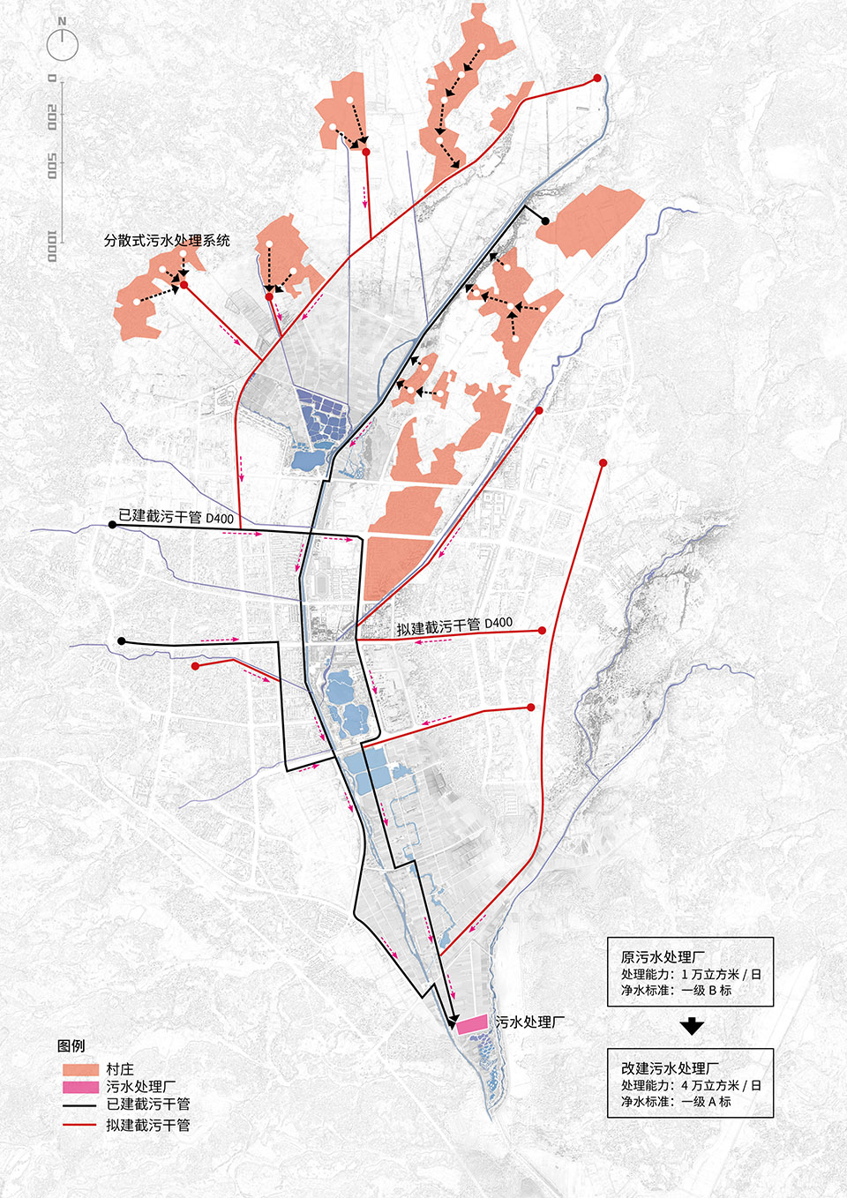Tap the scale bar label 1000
[51, 245]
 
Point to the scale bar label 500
[51, 165]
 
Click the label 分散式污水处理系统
[167, 240]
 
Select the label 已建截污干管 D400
[176, 517]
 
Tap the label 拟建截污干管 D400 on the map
[453, 625]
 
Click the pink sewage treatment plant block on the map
[472, 1023]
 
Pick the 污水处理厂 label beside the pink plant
[529, 1022]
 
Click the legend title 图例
[71, 1045]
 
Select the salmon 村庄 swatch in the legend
[79, 1069]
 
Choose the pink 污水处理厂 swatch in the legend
[79, 1087]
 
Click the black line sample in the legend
[79, 1104]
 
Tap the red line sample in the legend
[79, 1125]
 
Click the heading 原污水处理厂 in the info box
[663, 957]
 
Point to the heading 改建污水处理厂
[670, 1068]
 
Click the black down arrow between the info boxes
[692, 1027]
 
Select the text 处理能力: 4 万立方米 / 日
[691, 1085]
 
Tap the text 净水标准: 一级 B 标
[676, 990]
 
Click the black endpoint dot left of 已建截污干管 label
[112, 525]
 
